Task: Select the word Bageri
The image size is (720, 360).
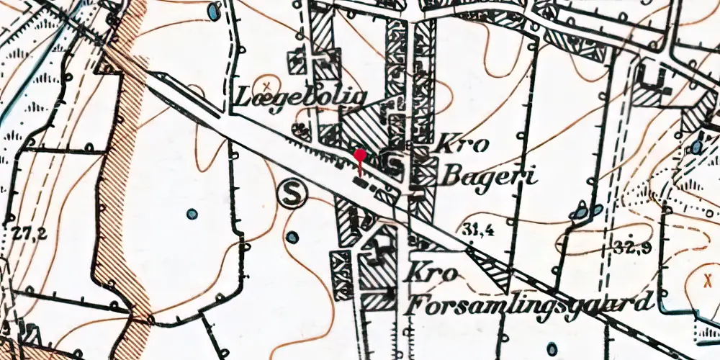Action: [490, 175]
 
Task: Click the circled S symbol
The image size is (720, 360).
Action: [291, 193]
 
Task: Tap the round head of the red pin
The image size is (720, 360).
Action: [360, 155]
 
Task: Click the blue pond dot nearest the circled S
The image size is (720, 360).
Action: [291, 237]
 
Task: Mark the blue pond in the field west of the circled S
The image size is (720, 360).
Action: [191, 214]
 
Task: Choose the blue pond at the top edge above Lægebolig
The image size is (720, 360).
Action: [214, 12]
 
